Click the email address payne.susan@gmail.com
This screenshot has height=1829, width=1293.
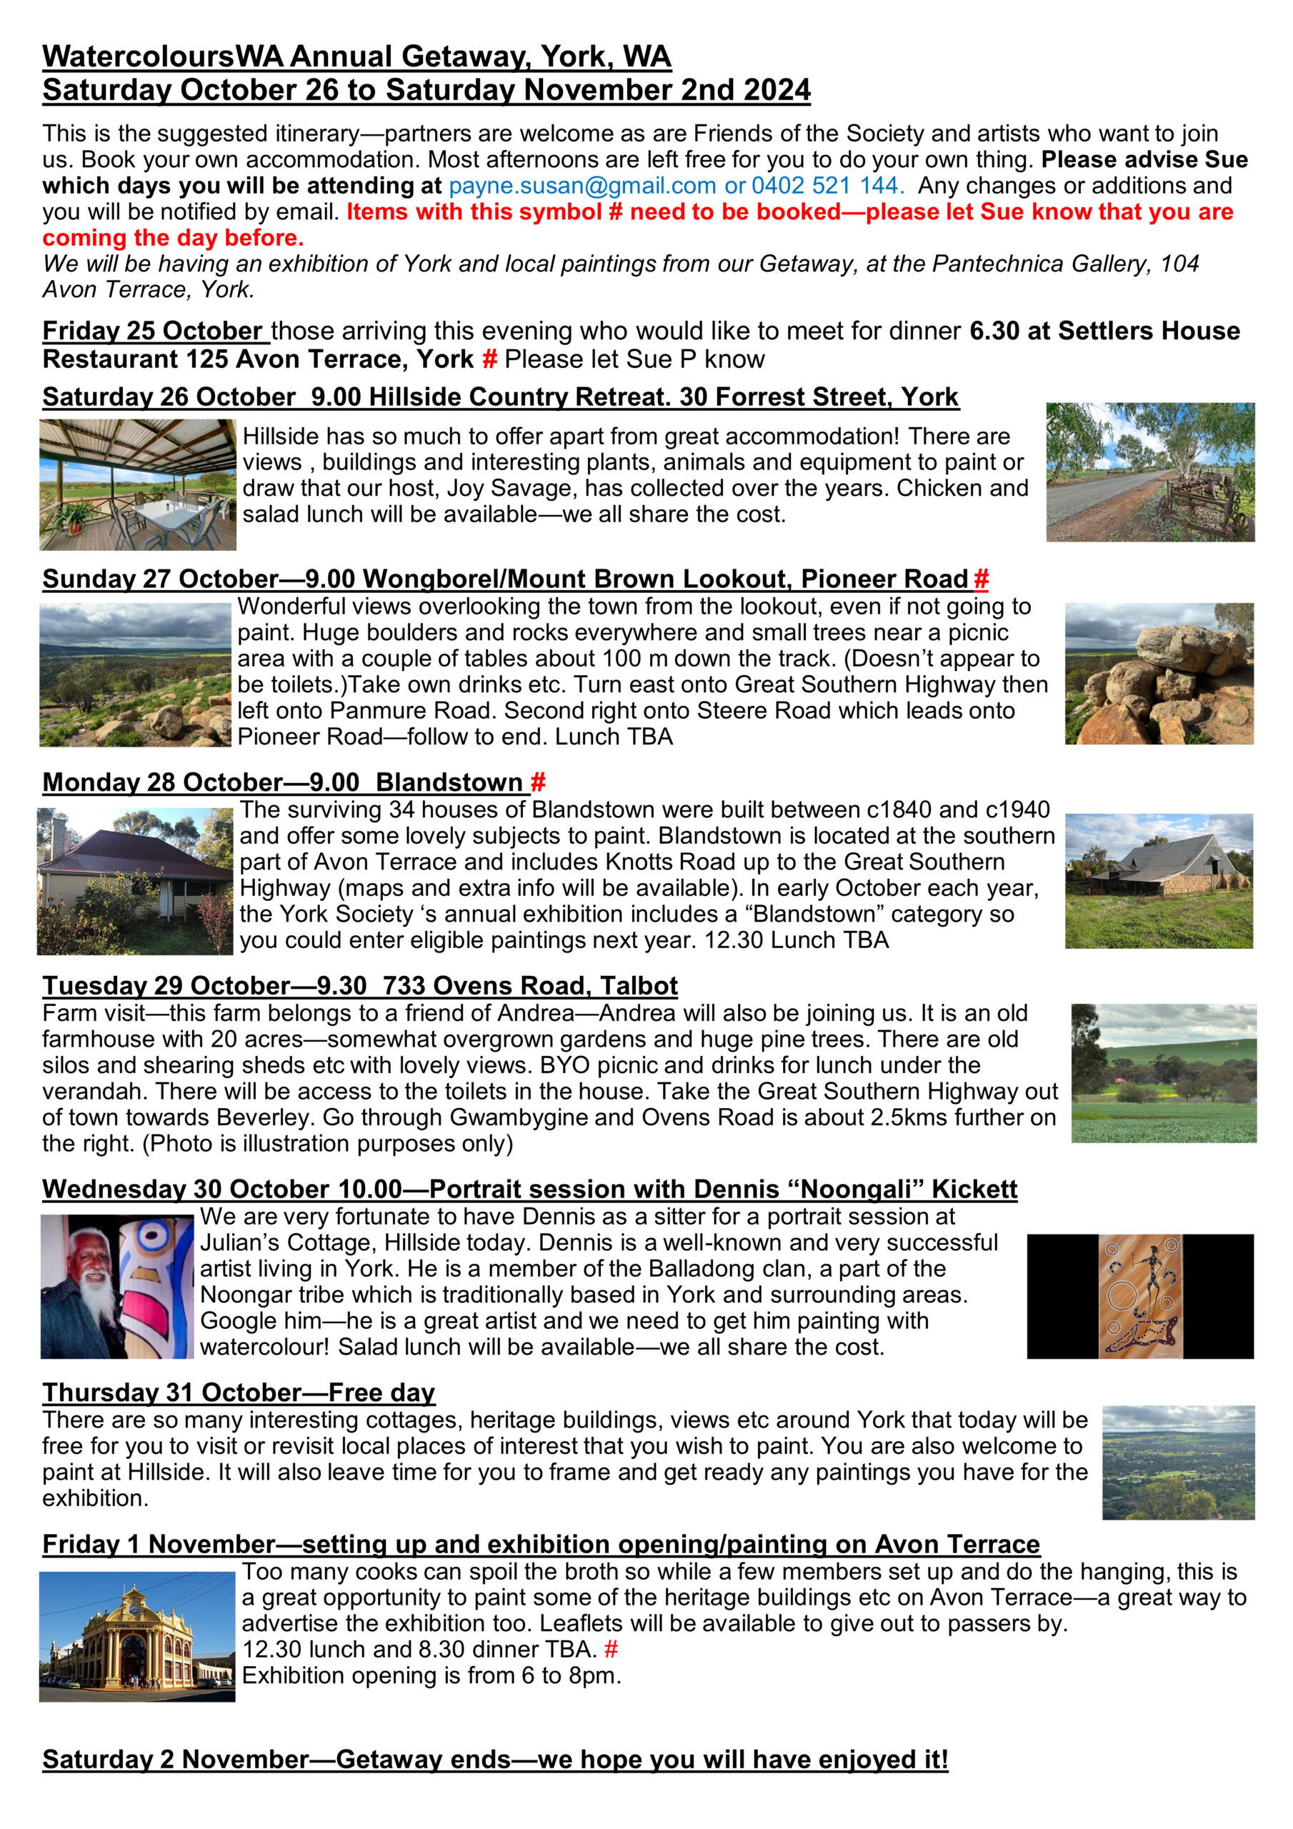pyautogui.click(x=581, y=186)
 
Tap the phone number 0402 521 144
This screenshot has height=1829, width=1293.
pyautogui.click(x=825, y=186)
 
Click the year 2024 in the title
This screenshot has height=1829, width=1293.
pyautogui.click(x=776, y=90)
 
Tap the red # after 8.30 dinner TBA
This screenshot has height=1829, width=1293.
pyautogui.click(x=611, y=1649)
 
